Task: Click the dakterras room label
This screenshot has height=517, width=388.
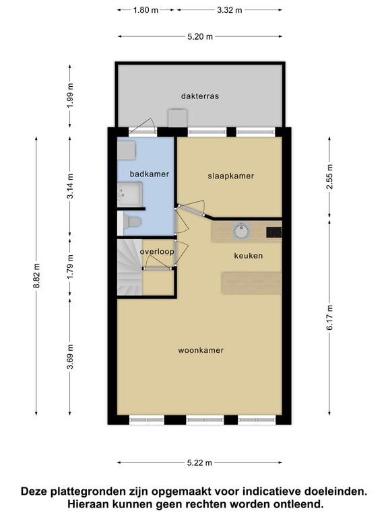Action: click(x=200, y=96)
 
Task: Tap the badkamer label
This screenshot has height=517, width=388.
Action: click(x=150, y=174)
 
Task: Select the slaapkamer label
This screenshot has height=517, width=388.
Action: click(x=231, y=176)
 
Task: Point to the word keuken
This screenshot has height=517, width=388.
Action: click(x=249, y=256)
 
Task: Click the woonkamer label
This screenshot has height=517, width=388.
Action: click(x=201, y=350)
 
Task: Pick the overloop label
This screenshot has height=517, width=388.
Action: click(x=157, y=252)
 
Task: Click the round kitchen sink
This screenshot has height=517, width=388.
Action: click(x=242, y=230)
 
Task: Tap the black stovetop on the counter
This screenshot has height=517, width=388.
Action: click(x=274, y=232)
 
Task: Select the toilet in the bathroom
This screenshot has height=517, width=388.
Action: click(x=133, y=221)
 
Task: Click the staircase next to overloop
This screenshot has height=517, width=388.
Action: click(x=129, y=267)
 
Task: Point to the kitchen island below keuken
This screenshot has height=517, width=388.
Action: click(x=251, y=283)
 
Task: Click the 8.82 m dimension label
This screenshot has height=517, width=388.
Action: click(x=36, y=276)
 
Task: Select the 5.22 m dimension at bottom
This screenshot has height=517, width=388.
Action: click(x=199, y=462)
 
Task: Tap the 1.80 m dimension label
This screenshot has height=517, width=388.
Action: click(x=145, y=10)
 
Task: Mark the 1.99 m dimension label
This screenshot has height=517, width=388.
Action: click(x=70, y=96)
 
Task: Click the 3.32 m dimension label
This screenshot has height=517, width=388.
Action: click(x=229, y=10)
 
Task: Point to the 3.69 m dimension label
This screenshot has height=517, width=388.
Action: click(x=70, y=357)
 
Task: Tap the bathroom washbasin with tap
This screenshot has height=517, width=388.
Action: click(x=129, y=194)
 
